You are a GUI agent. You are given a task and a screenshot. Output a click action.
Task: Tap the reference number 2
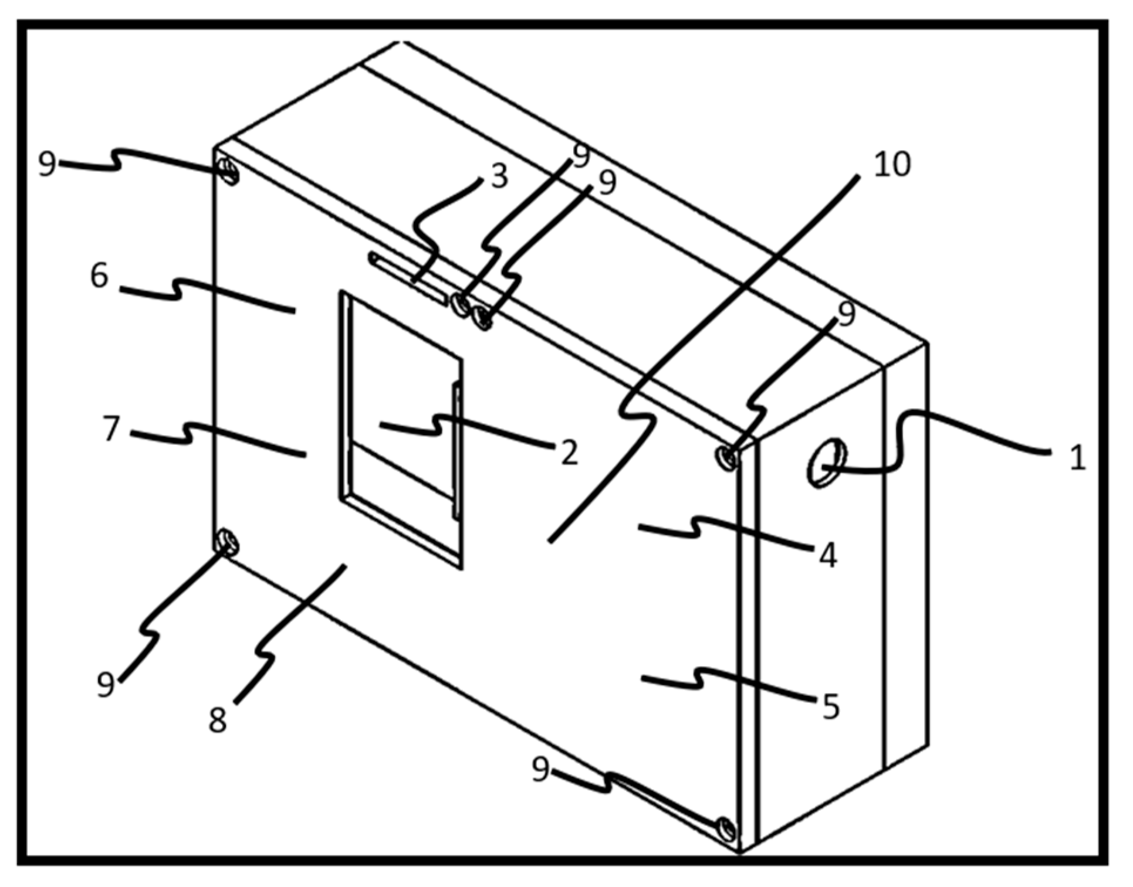coord(569,452)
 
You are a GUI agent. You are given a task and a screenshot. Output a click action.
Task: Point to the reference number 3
coord(499,176)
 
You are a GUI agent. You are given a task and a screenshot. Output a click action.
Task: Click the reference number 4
coord(828,555)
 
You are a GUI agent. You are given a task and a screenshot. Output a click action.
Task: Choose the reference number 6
coord(99,275)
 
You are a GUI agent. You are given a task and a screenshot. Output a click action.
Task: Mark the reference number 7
coord(111,429)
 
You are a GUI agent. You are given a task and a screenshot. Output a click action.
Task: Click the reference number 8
coord(218,720)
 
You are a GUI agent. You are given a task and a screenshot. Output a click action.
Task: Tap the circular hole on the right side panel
coord(826,463)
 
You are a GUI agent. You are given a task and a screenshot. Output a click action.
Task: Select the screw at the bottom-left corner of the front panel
coord(227,542)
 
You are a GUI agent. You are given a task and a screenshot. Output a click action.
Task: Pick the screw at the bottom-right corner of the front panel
coord(726,829)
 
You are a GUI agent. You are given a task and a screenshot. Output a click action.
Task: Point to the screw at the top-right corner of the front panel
coord(728,457)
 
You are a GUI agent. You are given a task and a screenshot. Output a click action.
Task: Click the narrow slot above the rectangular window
coord(407,278)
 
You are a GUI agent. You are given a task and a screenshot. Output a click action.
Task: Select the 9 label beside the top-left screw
coord(47,165)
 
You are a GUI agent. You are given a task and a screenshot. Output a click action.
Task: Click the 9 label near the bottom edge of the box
coord(540,769)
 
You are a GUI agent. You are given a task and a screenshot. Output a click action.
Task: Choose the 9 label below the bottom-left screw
coord(106,684)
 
